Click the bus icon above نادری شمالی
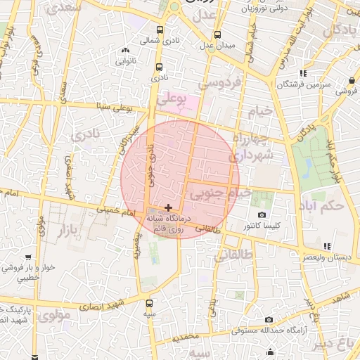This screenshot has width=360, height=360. pos(160,30)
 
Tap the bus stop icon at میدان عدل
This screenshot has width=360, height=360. pos(217,34)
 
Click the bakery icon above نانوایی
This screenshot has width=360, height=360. pos(126,50)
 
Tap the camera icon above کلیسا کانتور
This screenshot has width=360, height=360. pos(262,214)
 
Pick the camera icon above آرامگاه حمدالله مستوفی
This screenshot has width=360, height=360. pos(269,320)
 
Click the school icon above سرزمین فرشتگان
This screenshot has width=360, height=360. pos(303,73)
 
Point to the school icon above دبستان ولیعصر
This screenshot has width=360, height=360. pos(326,246)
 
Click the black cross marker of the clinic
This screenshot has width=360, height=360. pos(168,207)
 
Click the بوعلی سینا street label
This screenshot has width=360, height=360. pos(112,107)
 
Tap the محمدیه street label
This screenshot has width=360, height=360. pos(186,337)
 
